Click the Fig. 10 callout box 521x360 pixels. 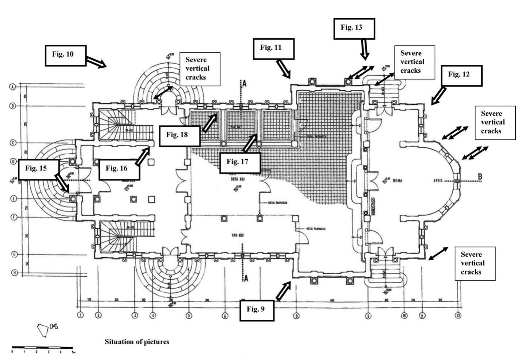tap(65, 56)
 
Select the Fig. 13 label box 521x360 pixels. tap(354, 29)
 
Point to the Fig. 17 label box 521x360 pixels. tap(240, 163)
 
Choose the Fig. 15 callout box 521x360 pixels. tap(38, 169)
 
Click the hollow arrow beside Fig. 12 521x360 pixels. tap(438, 96)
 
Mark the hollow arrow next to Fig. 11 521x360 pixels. tap(283, 69)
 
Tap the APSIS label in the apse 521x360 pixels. tap(438, 181)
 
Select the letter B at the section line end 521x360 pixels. tap(480, 177)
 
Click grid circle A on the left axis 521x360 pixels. tap(12, 87)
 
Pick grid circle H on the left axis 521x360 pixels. tap(14, 273)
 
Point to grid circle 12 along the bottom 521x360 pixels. tap(458, 315)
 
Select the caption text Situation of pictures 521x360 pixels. tap(137, 342)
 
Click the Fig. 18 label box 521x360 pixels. tap(180, 135)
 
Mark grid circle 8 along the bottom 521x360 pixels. tap(296, 315)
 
